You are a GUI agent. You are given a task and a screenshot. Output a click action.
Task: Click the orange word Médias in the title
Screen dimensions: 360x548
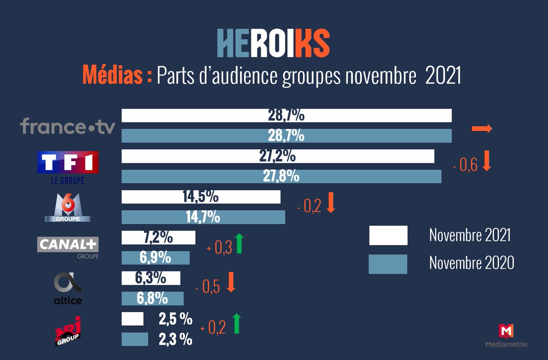tap(117, 75)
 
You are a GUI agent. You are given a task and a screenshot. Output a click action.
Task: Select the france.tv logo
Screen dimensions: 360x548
tap(68, 126)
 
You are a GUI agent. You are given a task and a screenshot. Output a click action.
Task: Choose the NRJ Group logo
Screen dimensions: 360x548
tap(68, 330)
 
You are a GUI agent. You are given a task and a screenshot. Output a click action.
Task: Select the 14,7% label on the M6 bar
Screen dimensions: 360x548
tap(203, 217)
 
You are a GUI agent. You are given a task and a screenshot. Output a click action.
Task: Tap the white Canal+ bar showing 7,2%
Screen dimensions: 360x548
tap(158, 237)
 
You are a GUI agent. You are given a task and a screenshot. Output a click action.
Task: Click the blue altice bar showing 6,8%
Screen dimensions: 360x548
tap(152, 298)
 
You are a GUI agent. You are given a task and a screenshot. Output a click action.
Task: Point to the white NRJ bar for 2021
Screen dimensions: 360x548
tap(132, 319)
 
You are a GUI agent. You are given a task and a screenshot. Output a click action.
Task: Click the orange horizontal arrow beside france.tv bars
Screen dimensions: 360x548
tap(482, 129)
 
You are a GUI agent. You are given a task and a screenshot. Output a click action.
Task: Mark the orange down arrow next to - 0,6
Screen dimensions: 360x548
tap(486, 163)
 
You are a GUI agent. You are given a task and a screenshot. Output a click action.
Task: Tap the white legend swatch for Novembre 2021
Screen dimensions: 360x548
tap(388, 235)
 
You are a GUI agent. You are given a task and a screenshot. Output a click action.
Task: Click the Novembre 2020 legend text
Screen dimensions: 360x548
tap(471, 263)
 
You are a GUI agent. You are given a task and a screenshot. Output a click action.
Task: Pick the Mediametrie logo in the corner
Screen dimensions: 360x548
tap(506, 335)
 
